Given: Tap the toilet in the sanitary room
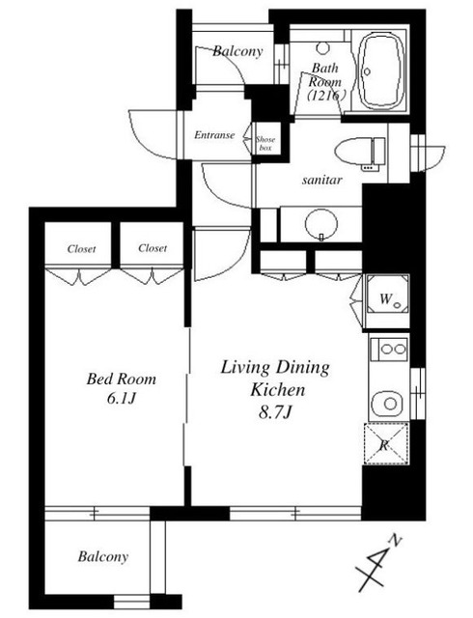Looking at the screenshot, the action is (x=359, y=151).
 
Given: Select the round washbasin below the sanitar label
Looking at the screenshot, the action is (x=321, y=223).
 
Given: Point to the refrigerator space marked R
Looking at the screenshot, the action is (x=385, y=443).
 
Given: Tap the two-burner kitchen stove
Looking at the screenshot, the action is (x=389, y=349).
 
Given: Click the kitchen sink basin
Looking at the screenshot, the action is (x=388, y=404).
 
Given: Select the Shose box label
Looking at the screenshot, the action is (x=265, y=144).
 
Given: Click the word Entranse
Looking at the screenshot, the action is (x=214, y=135).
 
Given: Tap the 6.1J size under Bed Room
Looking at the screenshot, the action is (x=121, y=399).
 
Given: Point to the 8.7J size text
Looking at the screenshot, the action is (x=275, y=412).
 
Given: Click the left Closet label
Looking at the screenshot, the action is (x=82, y=249).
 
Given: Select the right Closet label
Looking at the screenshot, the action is (x=153, y=248).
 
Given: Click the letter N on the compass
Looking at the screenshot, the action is (x=395, y=541).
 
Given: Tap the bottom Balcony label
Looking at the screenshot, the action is (x=103, y=557).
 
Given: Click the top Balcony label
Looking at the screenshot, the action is (x=237, y=51).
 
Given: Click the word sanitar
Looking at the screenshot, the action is (x=322, y=181).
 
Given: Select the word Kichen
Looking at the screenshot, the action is (x=278, y=390).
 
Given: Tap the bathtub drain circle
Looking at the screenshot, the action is (x=368, y=71).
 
